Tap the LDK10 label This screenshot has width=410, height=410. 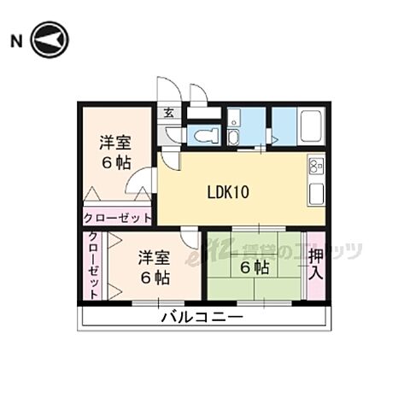[227, 191]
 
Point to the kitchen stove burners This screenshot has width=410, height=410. [315, 165]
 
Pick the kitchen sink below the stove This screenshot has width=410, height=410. [315, 190]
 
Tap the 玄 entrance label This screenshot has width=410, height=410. [168, 112]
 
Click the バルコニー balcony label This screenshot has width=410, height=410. [202, 318]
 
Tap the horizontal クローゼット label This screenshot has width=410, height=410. [118, 218]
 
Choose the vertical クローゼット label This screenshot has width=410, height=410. [93, 266]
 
